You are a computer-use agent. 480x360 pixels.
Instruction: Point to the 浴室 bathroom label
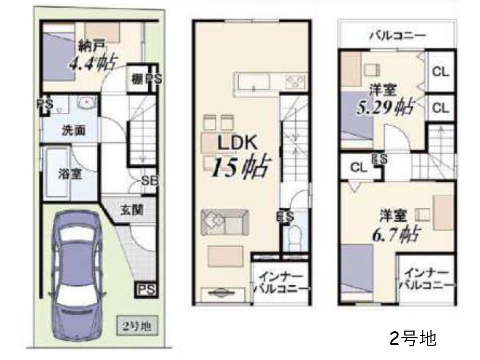click(x=69, y=174)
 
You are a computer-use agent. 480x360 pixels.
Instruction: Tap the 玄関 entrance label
click(x=132, y=210)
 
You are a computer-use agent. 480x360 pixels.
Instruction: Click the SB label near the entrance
click(x=150, y=180)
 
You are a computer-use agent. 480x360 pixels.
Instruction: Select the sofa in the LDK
click(x=225, y=222)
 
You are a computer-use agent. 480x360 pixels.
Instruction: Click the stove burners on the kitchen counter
click(x=296, y=82)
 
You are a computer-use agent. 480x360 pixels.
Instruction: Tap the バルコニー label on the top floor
click(x=397, y=36)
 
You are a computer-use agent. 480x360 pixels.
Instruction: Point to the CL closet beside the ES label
click(x=358, y=168)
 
